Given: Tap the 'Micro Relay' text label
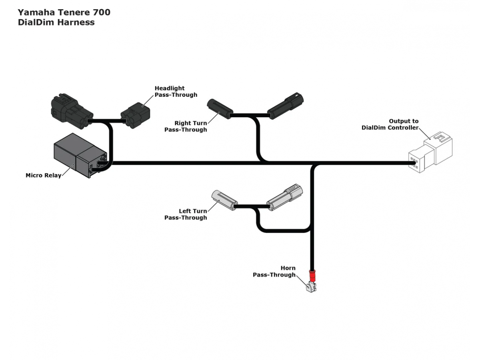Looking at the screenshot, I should coord(43,175).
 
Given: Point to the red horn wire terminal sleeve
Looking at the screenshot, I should coord(312,276).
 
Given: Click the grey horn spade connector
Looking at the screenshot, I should coord(312,288).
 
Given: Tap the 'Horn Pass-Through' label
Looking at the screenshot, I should coord(274,272).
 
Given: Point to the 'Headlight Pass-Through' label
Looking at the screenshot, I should coord(176,92).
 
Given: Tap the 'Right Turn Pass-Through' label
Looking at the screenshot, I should coord(186,126).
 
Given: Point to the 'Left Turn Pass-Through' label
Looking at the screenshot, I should coord(186,214).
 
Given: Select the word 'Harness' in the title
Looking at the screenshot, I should coord(76,22).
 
